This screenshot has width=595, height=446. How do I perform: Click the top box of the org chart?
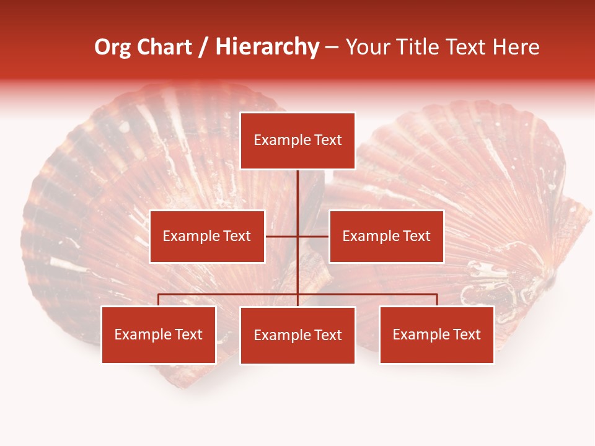tap(297, 141)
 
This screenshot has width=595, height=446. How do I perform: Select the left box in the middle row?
tap(207, 236)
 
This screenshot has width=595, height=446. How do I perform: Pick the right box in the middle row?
tap(386, 236)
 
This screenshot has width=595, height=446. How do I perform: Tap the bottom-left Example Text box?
tap(159, 335)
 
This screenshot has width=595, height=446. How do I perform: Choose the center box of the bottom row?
tap(297, 336)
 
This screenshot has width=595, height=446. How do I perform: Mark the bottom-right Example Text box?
tap(436, 335)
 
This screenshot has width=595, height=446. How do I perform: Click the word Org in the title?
tap(112, 48)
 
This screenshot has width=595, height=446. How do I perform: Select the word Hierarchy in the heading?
tap(267, 48)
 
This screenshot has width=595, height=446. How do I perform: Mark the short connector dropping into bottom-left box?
tap(159, 300)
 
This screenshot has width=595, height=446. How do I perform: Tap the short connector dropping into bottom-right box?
tap(437, 300)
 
